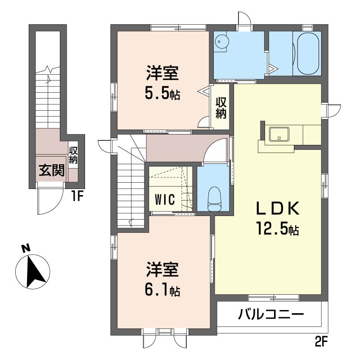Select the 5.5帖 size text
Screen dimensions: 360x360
coord(162,93)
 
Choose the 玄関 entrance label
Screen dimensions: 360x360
coord(51,171)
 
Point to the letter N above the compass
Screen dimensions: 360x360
coord(26,247)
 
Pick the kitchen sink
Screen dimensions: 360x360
coord(279,134)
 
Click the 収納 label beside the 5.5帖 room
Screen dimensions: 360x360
coord(220,108)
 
